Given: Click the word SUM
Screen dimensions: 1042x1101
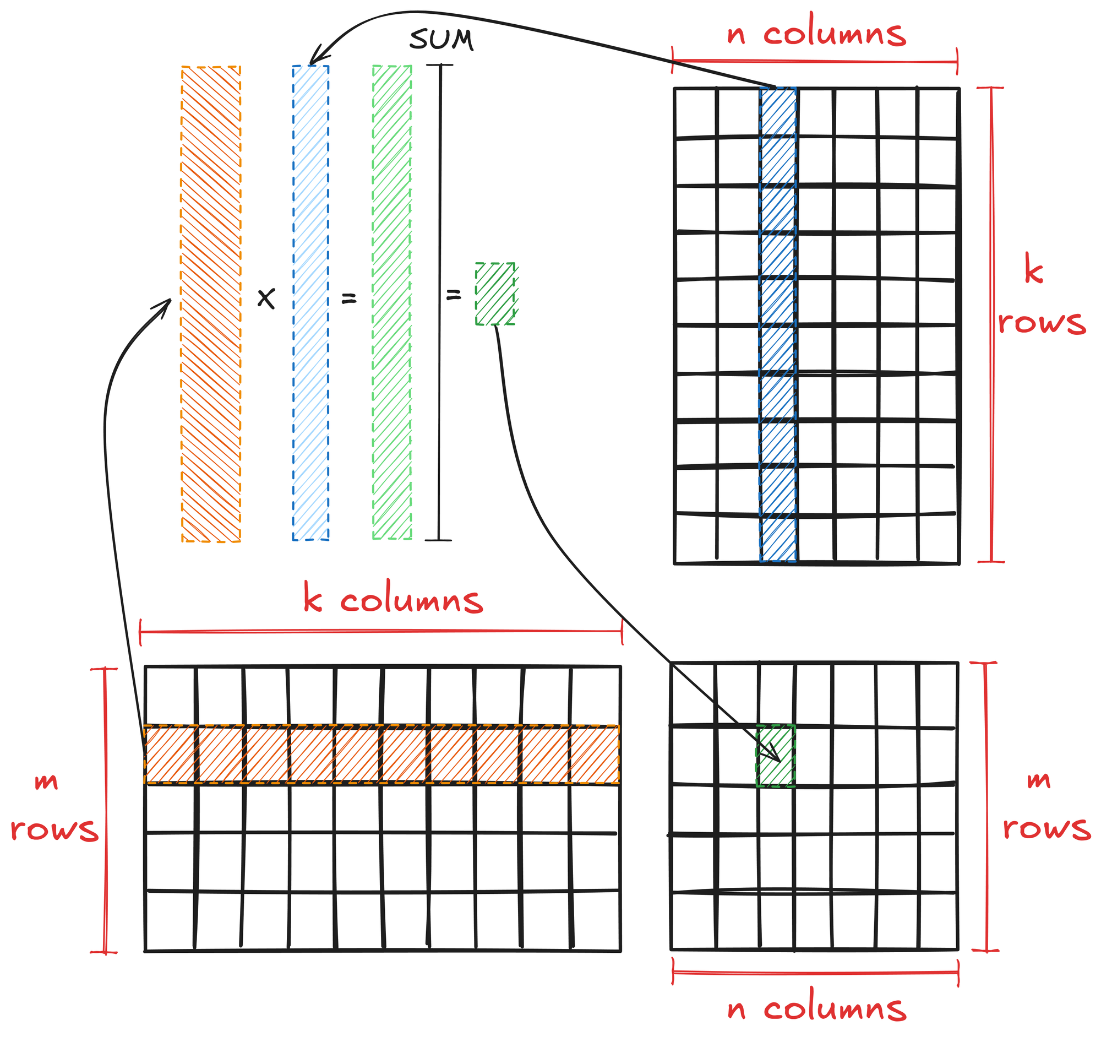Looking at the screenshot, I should click(442, 40).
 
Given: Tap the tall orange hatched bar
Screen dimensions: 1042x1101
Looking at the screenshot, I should click(211, 304).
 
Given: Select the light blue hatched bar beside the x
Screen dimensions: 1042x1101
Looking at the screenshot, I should click(310, 303).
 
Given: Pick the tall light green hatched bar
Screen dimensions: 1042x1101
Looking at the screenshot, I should click(392, 303).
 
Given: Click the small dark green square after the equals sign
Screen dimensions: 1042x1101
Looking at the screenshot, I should click(495, 294).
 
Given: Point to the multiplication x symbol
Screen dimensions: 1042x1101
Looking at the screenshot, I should click(266, 299).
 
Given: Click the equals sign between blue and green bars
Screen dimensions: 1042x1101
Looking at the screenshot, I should click(348, 299).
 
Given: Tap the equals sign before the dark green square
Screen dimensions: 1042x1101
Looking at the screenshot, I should click(454, 295).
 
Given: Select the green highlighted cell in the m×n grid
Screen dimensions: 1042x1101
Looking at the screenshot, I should click(776, 756).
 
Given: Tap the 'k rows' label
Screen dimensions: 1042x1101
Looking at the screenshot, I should click(1040, 296).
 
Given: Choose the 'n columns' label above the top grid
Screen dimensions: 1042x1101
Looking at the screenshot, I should click(816, 35).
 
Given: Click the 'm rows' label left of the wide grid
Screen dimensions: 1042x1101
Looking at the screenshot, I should click(54, 806).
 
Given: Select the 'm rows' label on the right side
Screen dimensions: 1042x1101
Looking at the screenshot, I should click(1046, 805).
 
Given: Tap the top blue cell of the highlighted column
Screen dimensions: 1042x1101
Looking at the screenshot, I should click(778, 112).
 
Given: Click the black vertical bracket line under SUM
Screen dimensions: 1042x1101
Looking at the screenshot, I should click(440, 303).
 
